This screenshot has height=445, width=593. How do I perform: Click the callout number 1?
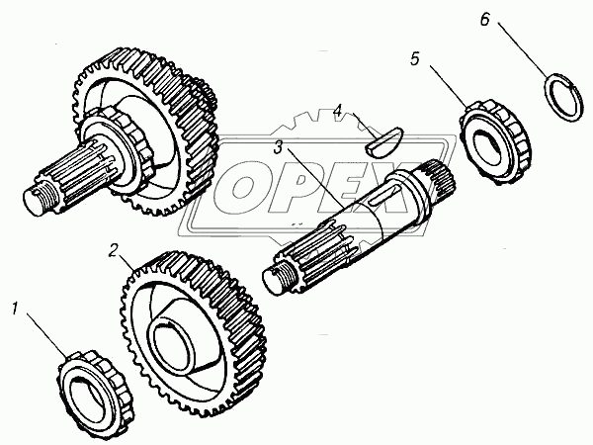[x=15, y=309]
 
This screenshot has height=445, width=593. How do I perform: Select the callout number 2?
[x=114, y=250]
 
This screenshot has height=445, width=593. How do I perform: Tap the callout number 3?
[x=279, y=147]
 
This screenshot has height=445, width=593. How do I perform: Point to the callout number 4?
[x=338, y=111]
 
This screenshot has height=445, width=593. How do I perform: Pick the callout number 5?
[x=415, y=59]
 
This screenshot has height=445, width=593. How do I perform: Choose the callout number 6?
[x=484, y=20]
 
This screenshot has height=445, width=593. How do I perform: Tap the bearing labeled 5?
[x=495, y=141]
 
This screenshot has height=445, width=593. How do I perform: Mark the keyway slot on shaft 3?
[x=383, y=195]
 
